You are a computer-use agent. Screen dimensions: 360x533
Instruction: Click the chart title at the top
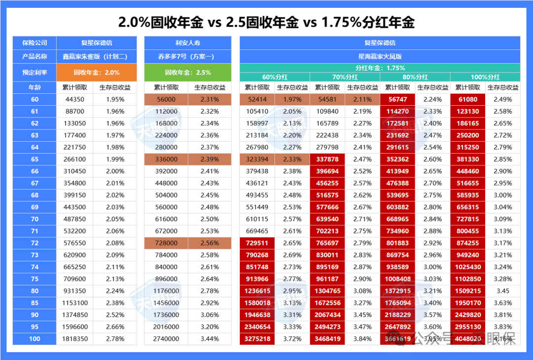tap(266, 22)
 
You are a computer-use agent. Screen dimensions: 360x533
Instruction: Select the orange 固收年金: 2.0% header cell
tap(97, 72)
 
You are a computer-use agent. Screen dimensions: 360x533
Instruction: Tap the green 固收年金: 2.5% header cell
tap(188, 72)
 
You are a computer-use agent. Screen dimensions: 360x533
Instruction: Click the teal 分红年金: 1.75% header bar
tap(380, 68)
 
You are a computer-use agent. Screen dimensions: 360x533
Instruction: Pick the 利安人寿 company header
tap(188, 43)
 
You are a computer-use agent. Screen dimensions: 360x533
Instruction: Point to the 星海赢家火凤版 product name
tap(380, 56)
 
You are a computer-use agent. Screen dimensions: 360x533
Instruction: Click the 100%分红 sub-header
tap(485, 77)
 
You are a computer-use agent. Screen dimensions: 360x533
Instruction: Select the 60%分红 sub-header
tap(274, 77)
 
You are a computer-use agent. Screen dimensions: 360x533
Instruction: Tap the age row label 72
tap(35, 243)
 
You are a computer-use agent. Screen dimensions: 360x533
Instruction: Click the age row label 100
tap(35, 339)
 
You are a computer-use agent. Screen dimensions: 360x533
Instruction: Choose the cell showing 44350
tap(75, 99)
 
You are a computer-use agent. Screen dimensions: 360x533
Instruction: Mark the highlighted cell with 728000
tap(166, 243)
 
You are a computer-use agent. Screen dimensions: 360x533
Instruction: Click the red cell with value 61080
tap(468, 99)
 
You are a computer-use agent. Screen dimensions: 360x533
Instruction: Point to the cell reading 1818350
tap(75, 339)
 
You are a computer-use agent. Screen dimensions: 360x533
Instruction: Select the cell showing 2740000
tap(166, 339)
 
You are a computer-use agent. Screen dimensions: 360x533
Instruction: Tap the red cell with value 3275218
tap(257, 339)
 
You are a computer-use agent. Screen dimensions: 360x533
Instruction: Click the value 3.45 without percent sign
tap(502, 291)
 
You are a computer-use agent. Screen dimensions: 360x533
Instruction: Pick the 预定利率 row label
tap(35, 72)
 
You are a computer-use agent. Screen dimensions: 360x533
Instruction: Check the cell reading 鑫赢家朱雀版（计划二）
tap(97, 56)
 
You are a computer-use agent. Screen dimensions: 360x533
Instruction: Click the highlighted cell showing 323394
tap(257, 159)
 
